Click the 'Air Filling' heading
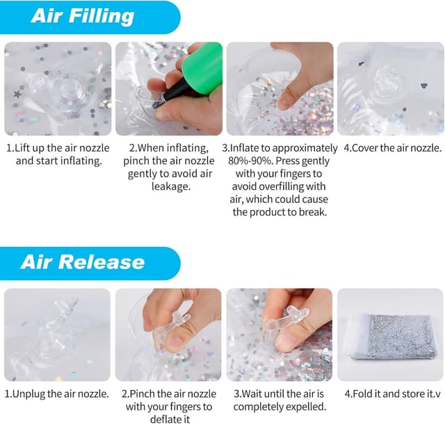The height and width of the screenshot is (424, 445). pyautogui.click(x=83, y=16)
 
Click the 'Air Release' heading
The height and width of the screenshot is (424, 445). pyautogui.click(x=83, y=261)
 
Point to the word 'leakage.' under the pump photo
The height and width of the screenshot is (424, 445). pyautogui.click(x=170, y=186)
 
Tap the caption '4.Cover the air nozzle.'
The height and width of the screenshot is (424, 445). pyautogui.click(x=393, y=148)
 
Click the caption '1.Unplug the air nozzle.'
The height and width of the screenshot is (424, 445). pyautogui.click(x=57, y=393)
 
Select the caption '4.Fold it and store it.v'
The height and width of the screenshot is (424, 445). pyautogui.click(x=392, y=393)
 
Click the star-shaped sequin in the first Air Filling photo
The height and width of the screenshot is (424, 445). pyautogui.click(x=17, y=94)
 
